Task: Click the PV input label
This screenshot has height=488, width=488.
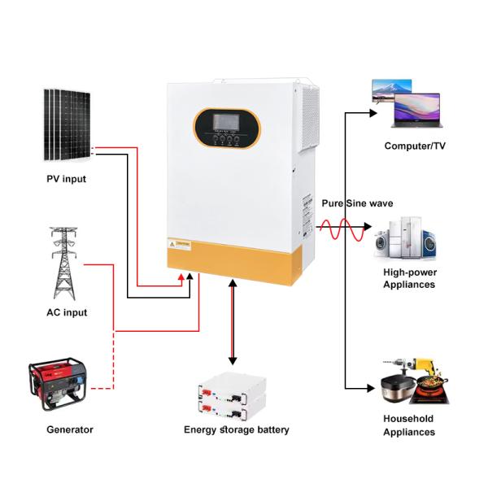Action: [x=67, y=179]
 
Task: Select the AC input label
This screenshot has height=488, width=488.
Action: [x=67, y=312]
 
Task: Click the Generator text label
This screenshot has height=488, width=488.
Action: [x=69, y=429]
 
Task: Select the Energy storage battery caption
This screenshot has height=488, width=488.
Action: [x=236, y=429]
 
